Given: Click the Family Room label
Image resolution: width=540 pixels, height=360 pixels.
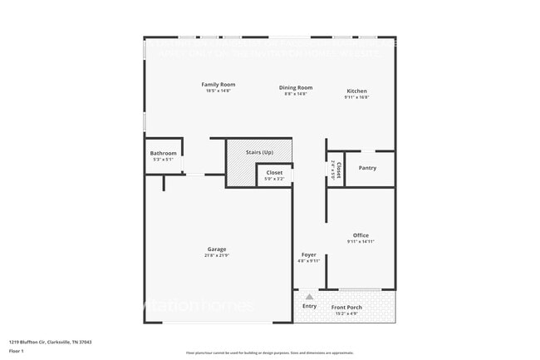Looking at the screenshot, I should [x=218, y=84].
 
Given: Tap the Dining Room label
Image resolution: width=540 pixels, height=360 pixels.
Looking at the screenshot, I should [x=295, y=87].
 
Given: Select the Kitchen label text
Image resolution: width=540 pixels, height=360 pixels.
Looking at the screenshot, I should [x=356, y=91].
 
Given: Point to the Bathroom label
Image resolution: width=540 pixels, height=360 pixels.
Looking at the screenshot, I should [x=163, y=153].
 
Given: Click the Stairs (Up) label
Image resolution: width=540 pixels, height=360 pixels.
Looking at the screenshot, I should [x=260, y=152].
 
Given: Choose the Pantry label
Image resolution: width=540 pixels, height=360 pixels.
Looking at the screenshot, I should [x=367, y=168].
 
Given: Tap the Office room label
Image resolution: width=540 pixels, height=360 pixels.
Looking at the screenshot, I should [x=361, y=235].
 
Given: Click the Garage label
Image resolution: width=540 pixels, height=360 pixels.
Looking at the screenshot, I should [x=217, y=249].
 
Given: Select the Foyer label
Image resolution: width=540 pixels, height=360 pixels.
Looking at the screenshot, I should [x=308, y=254].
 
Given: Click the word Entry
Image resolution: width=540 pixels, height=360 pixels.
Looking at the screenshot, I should [x=309, y=306].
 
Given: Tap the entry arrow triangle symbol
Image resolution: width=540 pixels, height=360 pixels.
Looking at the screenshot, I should [x=309, y=295].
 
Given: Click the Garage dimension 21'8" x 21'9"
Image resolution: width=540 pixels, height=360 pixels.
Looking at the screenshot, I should [x=217, y=255].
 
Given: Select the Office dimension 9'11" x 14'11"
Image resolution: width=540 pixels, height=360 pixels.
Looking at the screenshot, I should [x=361, y=242].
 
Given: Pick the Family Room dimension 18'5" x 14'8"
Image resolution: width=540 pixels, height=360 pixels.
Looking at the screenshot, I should [x=218, y=91].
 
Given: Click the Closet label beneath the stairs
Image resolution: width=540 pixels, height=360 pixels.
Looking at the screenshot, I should [x=274, y=172].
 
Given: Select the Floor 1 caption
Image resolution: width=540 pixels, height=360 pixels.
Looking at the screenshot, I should [x=17, y=351].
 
